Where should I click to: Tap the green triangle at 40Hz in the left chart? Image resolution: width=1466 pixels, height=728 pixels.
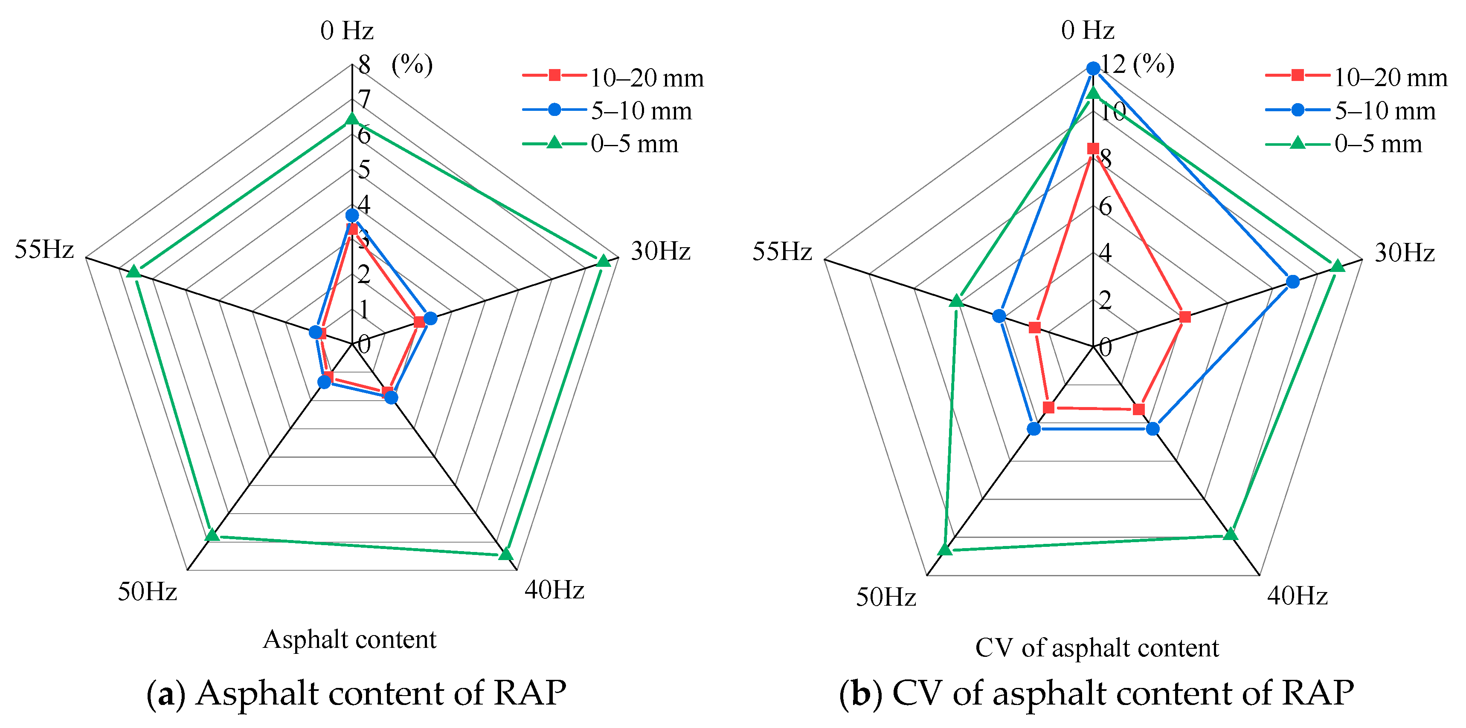click(505, 553)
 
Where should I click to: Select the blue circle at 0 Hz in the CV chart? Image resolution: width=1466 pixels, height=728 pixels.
click(1093, 69)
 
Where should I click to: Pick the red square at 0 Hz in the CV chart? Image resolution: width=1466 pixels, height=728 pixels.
click(1093, 149)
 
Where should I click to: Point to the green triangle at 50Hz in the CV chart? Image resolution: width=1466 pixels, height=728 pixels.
click(945, 549)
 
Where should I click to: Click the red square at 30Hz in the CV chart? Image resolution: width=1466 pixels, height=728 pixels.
click(1184, 317)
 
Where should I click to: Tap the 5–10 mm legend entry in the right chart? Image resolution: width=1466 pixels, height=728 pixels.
click(1385, 111)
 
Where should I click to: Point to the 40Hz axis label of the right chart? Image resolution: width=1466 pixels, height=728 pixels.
click(1298, 596)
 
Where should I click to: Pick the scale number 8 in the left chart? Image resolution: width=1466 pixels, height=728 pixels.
click(364, 65)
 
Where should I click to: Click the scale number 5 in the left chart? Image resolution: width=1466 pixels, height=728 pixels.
click(364, 170)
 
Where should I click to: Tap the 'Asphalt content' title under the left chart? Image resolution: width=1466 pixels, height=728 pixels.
click(349, 639)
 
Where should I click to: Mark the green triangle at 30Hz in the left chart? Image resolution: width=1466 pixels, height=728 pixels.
click(603, 260)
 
